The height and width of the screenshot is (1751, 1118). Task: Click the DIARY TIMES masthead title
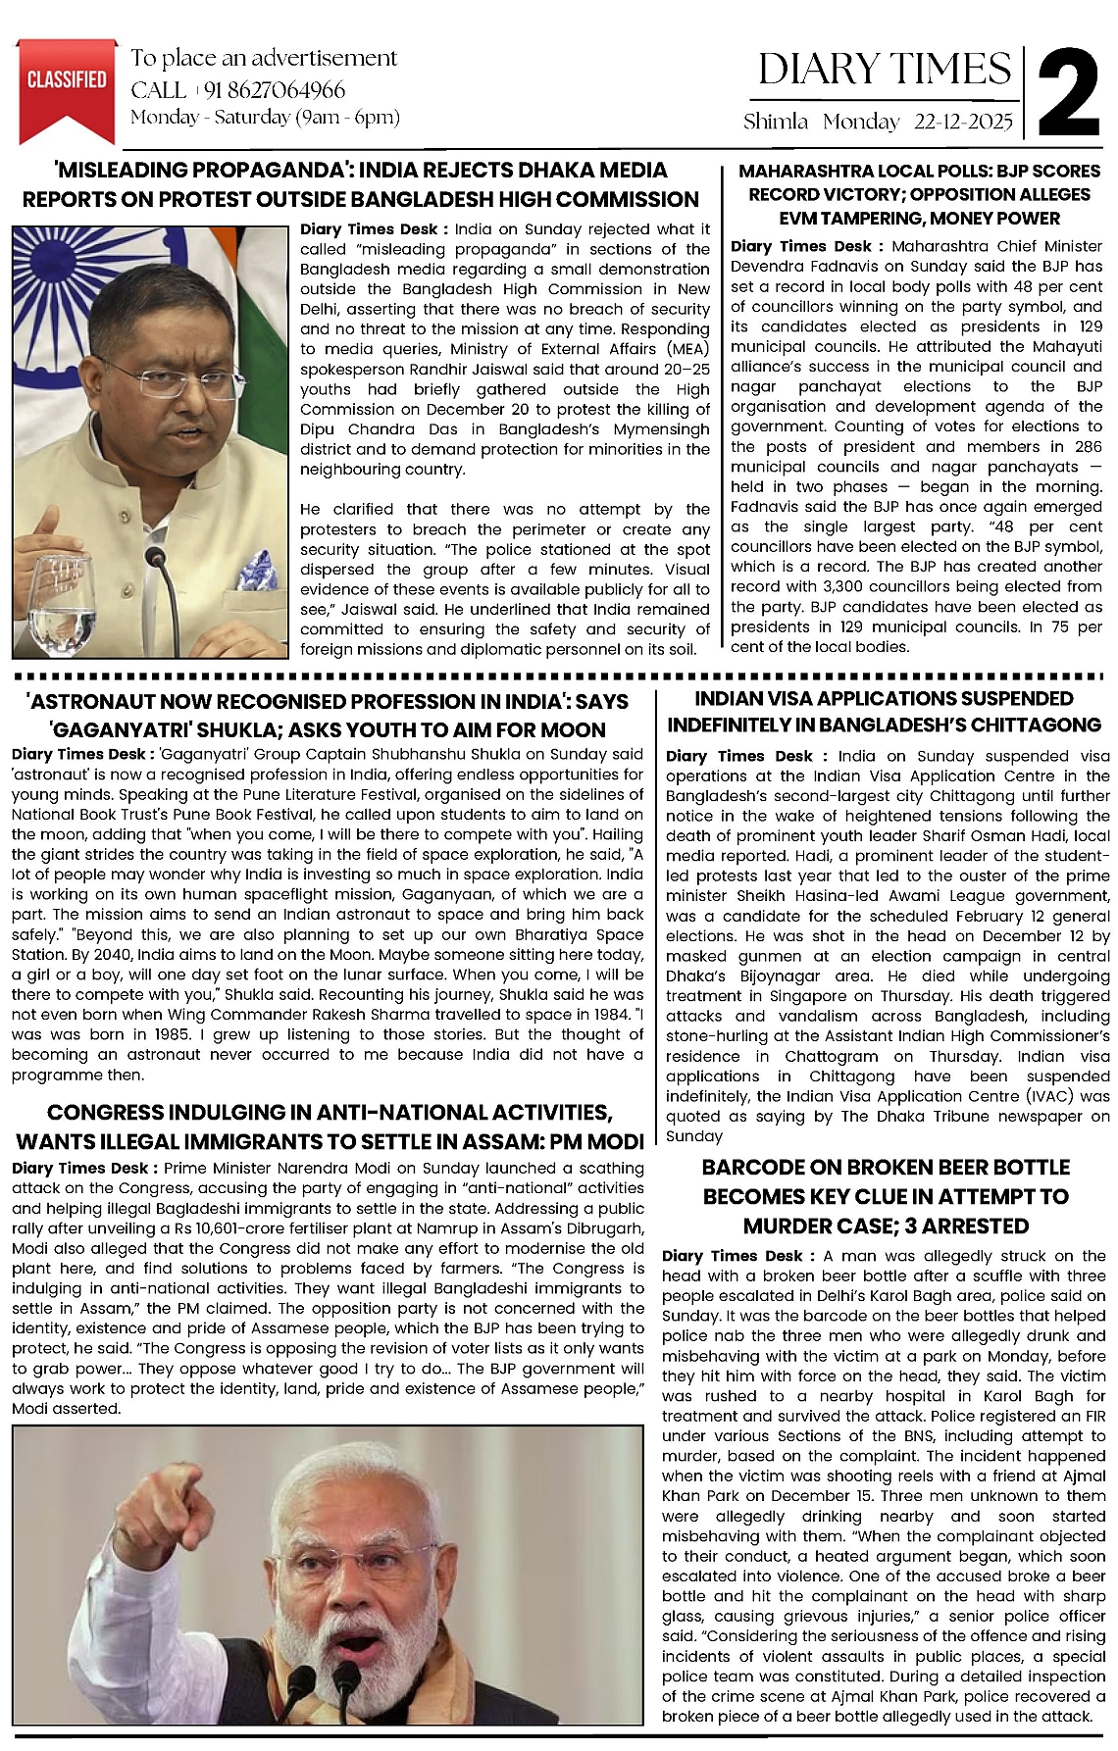[x=884, y=70]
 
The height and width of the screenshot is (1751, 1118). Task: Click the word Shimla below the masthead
[x=775, y=123]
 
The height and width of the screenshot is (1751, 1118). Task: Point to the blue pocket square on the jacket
[x=256, y=570]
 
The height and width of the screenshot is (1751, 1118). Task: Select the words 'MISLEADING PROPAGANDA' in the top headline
[x=186, y=171]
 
